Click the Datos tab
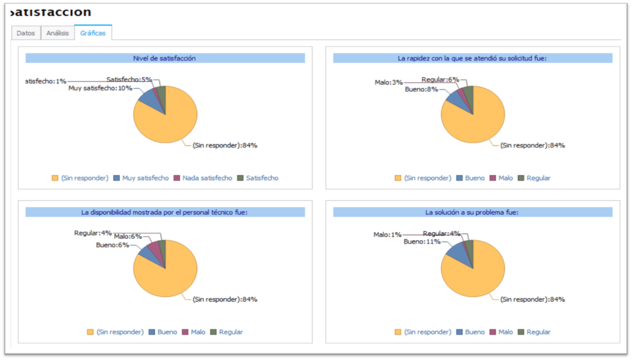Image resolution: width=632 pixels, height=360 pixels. pos(26,33)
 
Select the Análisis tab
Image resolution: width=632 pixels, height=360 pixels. pos(58,33)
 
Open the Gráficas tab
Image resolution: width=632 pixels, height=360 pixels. pos(93,33)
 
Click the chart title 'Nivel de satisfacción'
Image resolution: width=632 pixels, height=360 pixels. pos(164,58)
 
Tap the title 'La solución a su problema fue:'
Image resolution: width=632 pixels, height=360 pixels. pos(472,212)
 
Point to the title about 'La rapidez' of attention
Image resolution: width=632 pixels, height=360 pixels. pos(472,58)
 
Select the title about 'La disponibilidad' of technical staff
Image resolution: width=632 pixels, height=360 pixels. pos(164,212)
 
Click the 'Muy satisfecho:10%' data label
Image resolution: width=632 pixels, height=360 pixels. pos(100,88)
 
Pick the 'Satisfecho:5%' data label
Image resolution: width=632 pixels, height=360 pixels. pos(129,79)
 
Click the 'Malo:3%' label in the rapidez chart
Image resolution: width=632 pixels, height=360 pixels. pos(388,82)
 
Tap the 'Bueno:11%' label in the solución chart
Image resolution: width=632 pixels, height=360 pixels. pos(422,241)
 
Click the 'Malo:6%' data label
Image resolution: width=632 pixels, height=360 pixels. pos(128,237)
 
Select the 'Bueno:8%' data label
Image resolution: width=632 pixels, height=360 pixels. pos(421,89)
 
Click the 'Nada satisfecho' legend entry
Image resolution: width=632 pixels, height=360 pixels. pos(207,178)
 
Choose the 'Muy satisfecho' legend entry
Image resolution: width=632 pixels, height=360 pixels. pos(145,178)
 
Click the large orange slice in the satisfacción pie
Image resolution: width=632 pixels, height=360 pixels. pos(167,120)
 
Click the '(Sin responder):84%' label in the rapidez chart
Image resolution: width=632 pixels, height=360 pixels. pos(532,146)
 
